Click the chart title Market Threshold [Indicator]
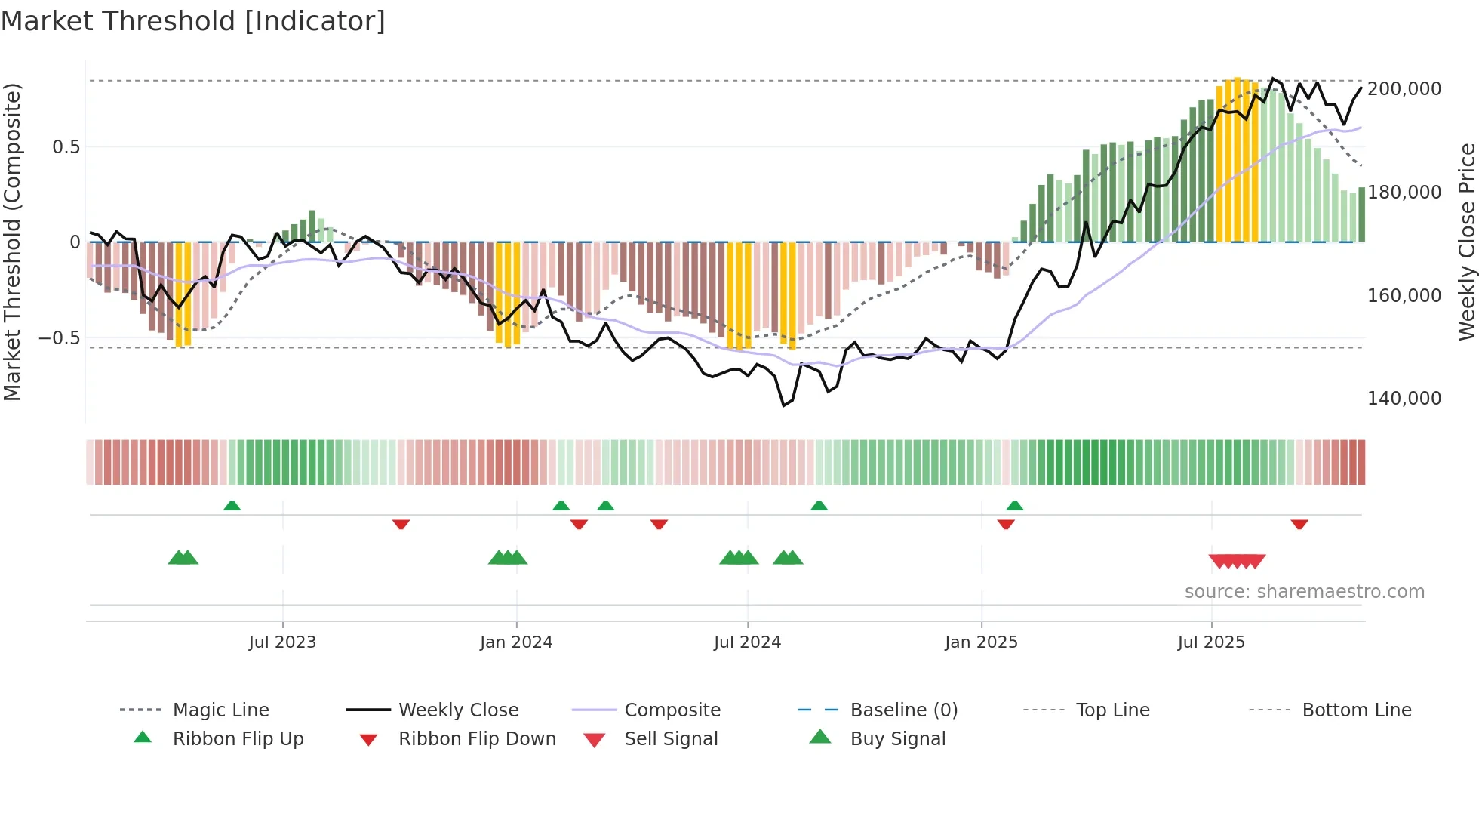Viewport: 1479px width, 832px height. (x=193, y=21)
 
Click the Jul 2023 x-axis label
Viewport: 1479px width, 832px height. (x=282, y=642)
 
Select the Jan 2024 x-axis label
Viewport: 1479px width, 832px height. (x=516, y=642)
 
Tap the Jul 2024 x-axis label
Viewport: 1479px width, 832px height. (x=747, y=642)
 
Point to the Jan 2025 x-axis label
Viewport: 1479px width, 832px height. (x=981, y=642)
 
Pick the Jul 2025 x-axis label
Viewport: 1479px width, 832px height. (x=1211, y=642)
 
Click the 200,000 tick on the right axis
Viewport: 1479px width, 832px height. (x=1404, y=89)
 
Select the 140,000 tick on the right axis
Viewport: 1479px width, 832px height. (x=1404, y=399)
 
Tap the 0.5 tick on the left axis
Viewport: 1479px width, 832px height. (x=66, y=147)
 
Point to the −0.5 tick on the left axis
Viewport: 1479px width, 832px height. (x=60, y=338)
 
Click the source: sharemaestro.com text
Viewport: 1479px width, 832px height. (x=1304, y=592)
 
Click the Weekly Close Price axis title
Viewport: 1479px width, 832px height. (x=1466, y=242)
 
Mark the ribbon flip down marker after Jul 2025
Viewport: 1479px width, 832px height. (x=1299, y=524)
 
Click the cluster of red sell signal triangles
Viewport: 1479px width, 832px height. (x=1237, y=561)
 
